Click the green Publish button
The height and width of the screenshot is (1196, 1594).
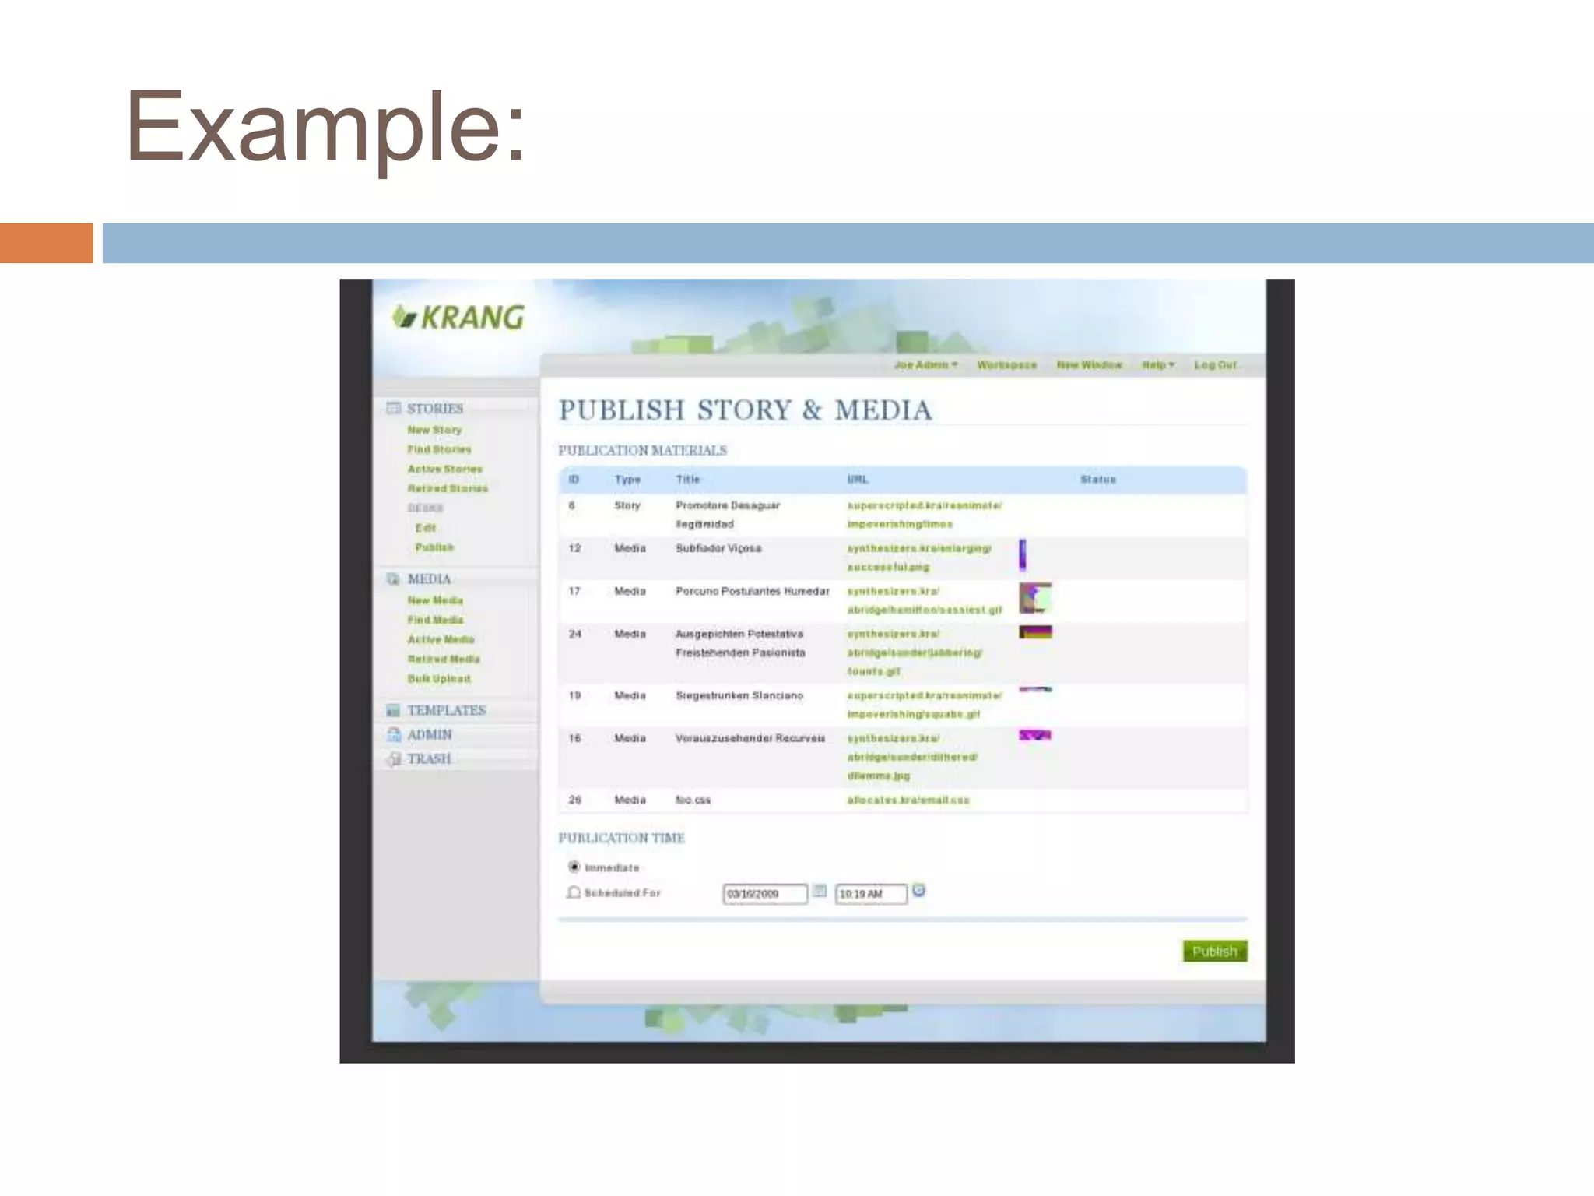1214,951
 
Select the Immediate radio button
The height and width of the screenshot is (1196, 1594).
574,867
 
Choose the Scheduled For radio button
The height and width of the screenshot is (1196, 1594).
574,892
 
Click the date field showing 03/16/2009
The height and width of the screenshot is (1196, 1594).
764,894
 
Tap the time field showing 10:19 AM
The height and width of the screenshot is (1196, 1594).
870,894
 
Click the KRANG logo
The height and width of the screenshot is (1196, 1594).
458,317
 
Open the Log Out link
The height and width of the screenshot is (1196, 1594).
1215,364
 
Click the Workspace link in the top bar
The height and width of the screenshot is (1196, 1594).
1006,364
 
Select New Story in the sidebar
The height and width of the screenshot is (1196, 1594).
434,430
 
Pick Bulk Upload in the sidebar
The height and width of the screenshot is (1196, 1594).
439,678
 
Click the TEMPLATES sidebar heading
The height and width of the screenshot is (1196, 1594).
446,710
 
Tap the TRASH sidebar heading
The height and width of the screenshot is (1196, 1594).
429,758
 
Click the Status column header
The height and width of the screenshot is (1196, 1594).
1097,480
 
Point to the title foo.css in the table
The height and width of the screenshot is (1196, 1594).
693,800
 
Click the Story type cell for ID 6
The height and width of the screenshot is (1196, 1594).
627,505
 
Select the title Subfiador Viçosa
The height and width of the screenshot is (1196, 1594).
718,548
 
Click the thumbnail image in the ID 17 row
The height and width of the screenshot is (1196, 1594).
1035,598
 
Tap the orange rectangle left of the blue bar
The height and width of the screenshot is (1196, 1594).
47,243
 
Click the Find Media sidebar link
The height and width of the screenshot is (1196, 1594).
435,620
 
